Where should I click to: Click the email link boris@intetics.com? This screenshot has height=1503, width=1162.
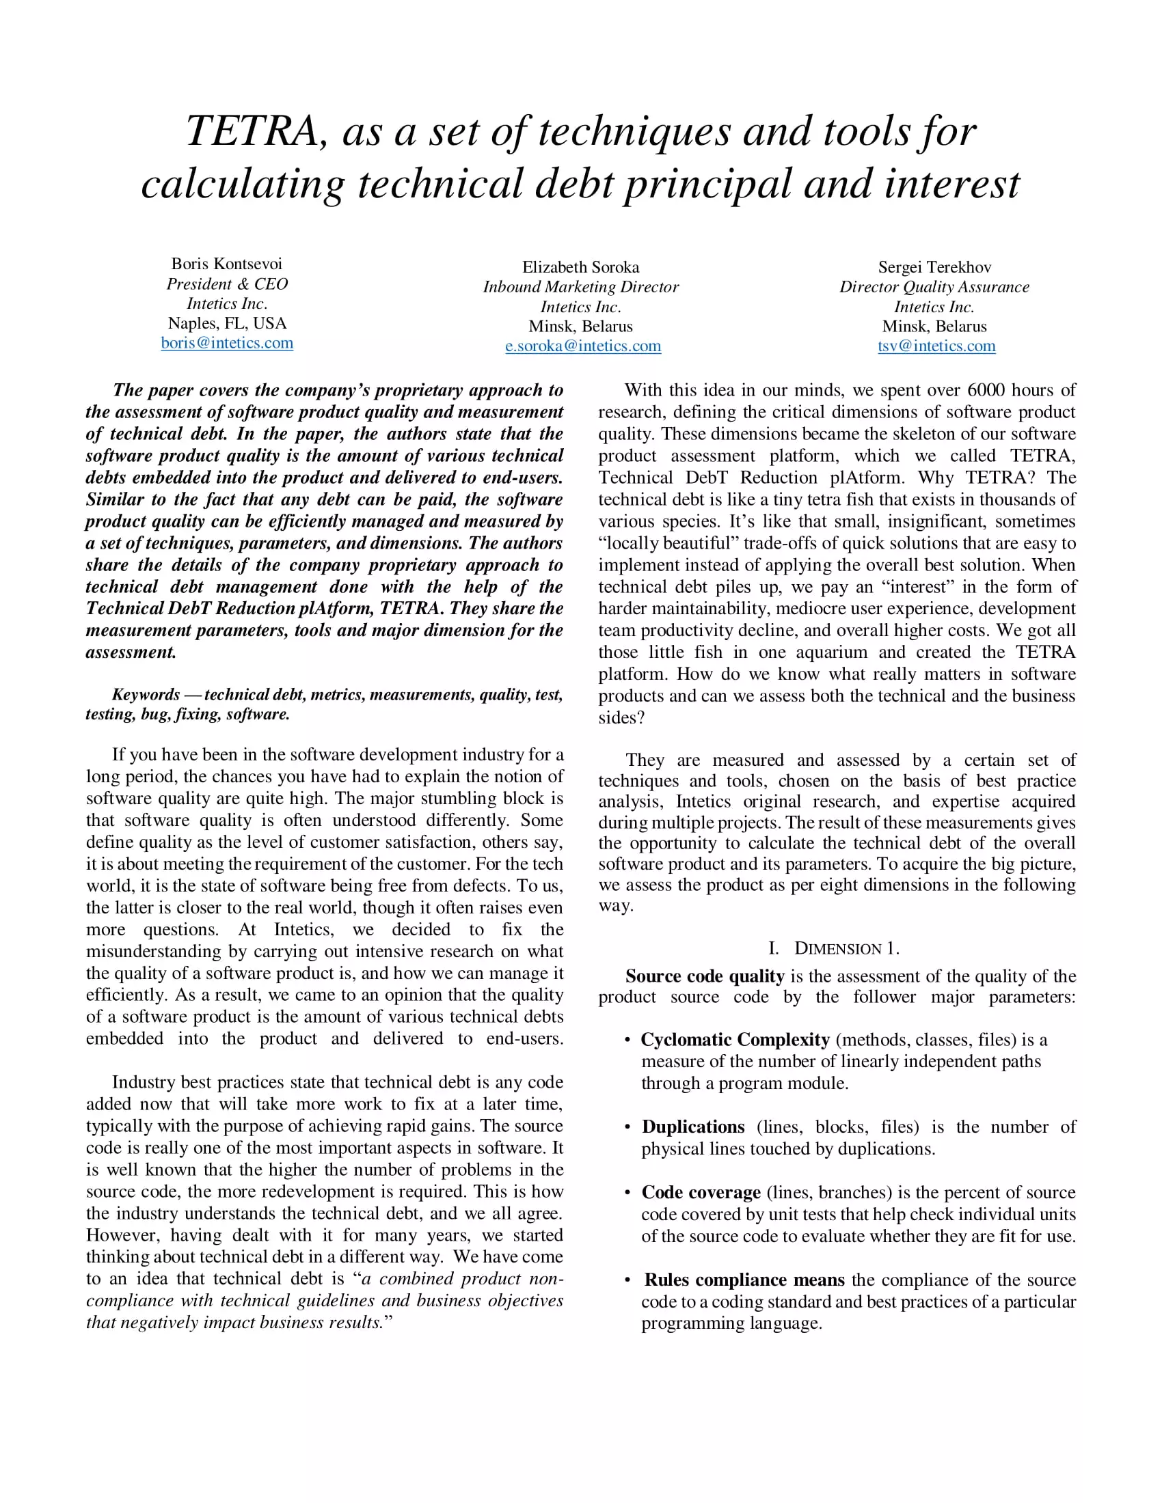point(227,343)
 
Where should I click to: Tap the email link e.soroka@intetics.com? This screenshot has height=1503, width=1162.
point(582,346)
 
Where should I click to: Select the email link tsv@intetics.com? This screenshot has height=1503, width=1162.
point(936,346)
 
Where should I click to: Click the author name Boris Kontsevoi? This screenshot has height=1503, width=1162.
point(226,264)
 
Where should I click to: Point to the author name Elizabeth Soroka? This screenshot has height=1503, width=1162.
point(580,267)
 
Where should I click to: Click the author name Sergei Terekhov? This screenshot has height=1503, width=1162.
point(934,267)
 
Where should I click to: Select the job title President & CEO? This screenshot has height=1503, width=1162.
point(227,284)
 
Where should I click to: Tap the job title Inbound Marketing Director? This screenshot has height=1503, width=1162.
point(580,287)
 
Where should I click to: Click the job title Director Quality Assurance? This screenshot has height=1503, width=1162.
point(934,287)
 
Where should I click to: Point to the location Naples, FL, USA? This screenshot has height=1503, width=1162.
point(227,323)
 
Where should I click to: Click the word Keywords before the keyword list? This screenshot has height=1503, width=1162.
point(146,694)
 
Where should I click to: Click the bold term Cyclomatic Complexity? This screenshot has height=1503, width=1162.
point(735,1039)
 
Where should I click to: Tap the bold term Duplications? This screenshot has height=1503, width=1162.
point(692,1127)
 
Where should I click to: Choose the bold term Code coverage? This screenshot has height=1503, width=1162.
point(700,1192)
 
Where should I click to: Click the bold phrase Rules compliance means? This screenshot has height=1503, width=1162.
point(744,1280)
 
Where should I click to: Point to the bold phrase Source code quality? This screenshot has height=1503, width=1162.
point(704,976)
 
